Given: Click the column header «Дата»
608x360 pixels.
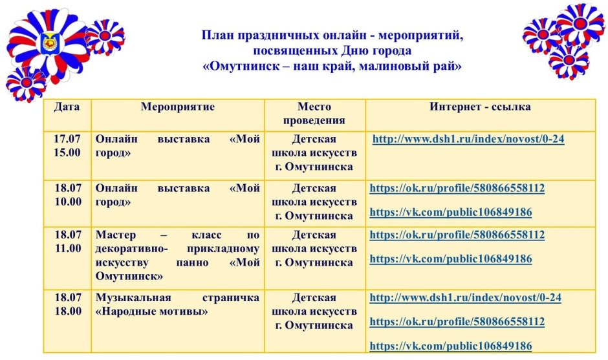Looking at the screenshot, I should pos(67,107).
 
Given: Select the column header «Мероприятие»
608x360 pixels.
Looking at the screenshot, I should pos(177,107).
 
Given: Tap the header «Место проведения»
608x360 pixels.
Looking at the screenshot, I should pos(314,114).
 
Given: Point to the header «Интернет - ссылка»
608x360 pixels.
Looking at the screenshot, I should pos(480,107).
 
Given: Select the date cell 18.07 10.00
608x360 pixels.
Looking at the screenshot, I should pos(67,195).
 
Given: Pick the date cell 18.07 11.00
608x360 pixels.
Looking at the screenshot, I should pos(67,241).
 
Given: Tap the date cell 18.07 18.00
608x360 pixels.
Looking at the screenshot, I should pos(67,304).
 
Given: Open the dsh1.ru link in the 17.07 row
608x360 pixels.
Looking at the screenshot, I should pos(468,139).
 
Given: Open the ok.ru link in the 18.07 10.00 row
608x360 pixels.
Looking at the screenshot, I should pos(457,189).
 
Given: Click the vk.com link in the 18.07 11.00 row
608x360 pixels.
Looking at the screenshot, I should pos(450,259).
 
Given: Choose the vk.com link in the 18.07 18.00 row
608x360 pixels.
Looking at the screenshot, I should pos(450,346).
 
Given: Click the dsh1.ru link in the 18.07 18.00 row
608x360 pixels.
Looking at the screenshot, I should pos(465,298).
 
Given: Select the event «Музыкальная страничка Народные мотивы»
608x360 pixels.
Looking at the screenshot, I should pos(177,304).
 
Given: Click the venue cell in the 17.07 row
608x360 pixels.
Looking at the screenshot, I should pos(314,153).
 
